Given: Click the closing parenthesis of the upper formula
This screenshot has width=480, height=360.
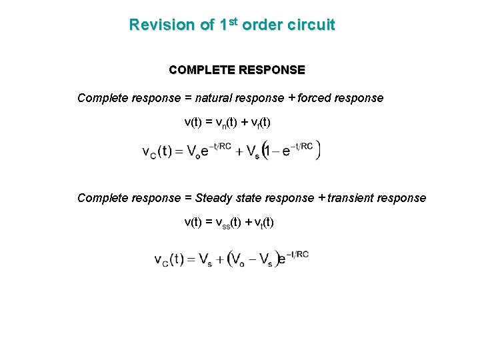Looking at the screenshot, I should click(x=318, y=149).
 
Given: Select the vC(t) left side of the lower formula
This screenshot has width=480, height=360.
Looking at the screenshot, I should click(x=169, y=259).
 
